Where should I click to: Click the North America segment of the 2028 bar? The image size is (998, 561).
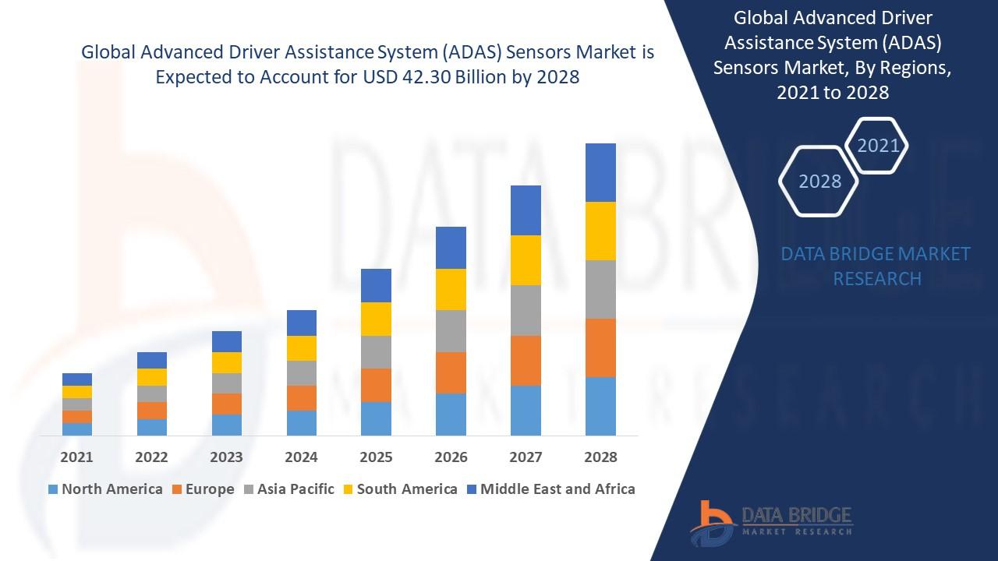tap(600, 406)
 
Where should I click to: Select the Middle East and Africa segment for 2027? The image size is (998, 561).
tap(526, 210)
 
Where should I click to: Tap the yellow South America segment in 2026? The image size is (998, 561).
tap(451, 289)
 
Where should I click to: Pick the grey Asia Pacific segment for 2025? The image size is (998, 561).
tap(376, 352)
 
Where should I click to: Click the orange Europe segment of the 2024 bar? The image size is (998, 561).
tap(302, 397)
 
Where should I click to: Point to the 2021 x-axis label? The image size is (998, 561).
tap(76, 457)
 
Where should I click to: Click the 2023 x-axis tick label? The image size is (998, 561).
tap(226, 457)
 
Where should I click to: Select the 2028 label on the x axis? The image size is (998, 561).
tap(600, 457)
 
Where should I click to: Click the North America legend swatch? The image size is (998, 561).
tap(53, 489)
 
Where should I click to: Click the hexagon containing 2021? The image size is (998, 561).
tap(878, 146)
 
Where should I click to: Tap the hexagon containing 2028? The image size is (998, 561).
tap(819, 182)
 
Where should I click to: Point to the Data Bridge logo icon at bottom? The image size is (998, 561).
tap(711, 522)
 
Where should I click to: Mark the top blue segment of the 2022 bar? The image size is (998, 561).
tap(152, 360)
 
